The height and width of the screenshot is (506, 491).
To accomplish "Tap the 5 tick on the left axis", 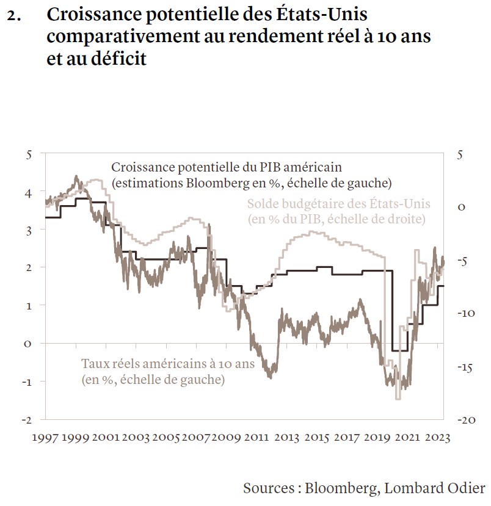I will [x=28, y=154].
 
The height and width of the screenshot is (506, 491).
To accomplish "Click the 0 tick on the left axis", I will [x=28, y=343].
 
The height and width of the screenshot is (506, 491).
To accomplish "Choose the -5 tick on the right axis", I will [x=463, y=261].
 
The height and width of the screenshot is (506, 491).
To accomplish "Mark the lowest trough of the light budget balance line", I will [x=398, y=398].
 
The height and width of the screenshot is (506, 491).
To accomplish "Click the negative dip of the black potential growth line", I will [x=400, y=350].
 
